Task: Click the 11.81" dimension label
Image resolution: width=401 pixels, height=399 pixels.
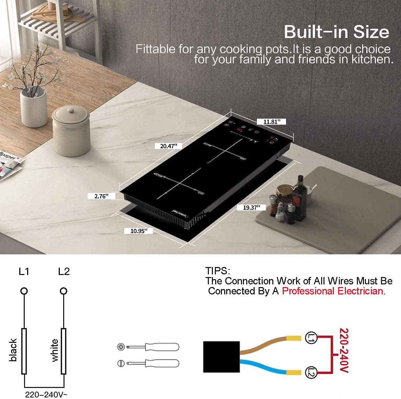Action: (271, 122)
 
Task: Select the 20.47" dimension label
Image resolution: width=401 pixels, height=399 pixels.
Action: (168, 146)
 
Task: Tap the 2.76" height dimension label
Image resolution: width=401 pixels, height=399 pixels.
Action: (101, 196)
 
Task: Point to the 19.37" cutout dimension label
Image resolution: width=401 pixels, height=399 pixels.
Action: (251, 208)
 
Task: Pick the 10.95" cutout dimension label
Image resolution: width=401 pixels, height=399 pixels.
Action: (139, 231)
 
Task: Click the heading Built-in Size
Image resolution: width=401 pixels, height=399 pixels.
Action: (336, 32)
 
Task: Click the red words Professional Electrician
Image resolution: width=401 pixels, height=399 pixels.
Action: (333, 291)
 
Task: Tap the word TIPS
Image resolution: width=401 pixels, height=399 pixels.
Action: (218, 271)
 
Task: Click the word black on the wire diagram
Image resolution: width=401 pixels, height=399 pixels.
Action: (13, 350)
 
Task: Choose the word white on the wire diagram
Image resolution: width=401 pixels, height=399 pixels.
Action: (54, 350)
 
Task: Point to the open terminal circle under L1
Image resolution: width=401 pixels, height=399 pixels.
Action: (24, 291)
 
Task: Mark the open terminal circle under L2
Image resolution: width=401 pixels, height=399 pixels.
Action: (63, 291)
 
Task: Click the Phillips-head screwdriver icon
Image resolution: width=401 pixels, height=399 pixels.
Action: (148, 347)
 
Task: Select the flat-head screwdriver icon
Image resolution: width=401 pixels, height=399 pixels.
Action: (148, 363)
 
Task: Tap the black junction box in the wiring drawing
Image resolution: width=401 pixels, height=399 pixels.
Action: (221, 357)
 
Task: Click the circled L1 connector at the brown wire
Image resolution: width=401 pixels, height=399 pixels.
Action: (311, 338)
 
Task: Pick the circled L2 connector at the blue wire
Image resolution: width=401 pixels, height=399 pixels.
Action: (311, 372)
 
